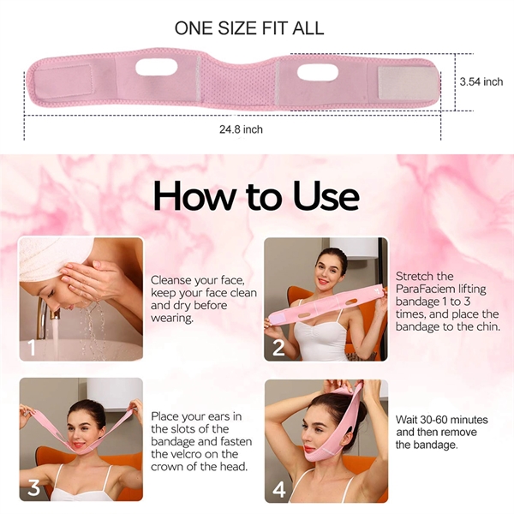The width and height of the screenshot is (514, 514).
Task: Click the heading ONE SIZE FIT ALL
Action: tap(249, 27)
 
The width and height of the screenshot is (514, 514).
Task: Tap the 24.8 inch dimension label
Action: tap(241, 129)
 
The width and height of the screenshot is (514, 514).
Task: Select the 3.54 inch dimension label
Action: tap(481, 82)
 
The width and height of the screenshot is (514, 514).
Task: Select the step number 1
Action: tap(32, 347)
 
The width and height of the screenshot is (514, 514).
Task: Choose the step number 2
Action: tap(278, 347)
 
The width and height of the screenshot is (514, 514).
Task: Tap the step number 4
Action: tap(279, 487)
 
